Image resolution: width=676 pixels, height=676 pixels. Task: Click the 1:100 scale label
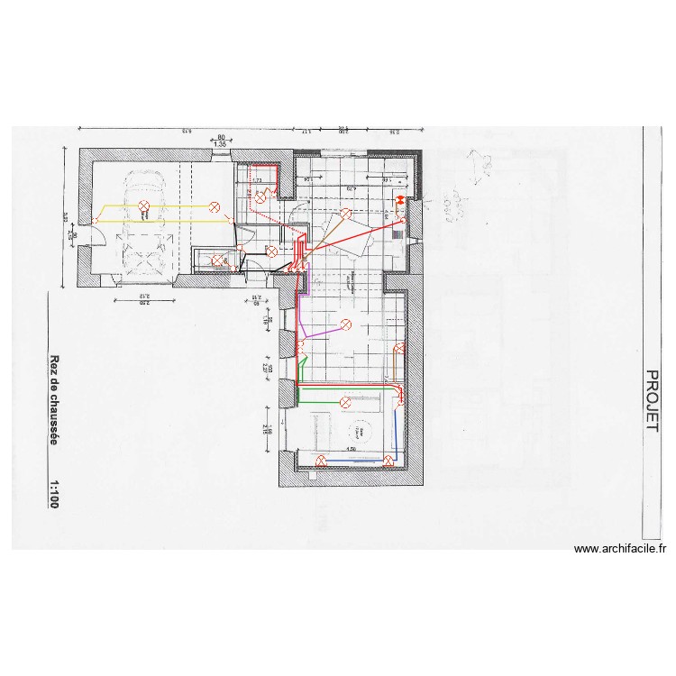(x=55, y=495)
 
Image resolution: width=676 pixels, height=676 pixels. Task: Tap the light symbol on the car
(x=144, y=206)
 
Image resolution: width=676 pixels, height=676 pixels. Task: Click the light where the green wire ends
(x=345, y=401)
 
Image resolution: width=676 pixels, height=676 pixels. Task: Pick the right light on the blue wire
(x=388, y=461)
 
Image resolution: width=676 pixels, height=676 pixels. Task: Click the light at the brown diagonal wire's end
(x=346, y=213)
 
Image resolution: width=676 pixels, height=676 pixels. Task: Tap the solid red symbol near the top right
(x=399, y=201)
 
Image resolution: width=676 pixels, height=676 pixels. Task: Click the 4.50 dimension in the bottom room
(x=351, y=450)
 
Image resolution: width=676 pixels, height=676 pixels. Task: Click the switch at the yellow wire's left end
(x=96, y=221)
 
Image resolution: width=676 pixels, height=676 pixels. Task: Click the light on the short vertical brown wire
(x=397, y=348)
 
